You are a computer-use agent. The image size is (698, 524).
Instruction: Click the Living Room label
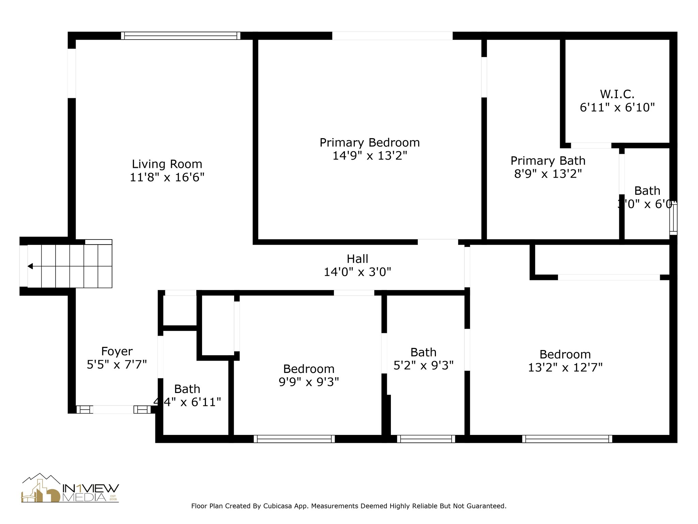[167, 164]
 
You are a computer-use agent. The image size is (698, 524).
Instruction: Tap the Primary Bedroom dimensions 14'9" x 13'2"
[370, 156]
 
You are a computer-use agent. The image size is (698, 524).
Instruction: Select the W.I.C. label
[617, 94]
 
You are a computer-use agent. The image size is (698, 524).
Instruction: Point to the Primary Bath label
[548, 161]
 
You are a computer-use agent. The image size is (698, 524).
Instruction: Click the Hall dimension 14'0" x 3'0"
[357, 272]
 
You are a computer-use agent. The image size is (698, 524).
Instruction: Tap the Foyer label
[117, 351]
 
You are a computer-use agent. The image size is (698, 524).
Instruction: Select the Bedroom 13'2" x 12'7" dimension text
[565, 368]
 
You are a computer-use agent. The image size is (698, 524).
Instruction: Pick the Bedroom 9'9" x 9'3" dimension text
[309, 382]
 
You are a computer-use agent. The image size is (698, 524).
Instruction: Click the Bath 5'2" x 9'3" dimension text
[423, 366]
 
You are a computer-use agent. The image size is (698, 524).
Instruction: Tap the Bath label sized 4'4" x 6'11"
[187, 389]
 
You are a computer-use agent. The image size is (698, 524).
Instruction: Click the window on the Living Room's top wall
[181, 36]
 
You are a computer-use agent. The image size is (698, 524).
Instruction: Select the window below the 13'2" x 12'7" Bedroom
[567, 439]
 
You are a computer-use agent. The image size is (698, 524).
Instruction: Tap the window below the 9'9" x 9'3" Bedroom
[294, 439]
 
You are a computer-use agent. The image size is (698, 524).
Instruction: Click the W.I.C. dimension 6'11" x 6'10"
[617, 108]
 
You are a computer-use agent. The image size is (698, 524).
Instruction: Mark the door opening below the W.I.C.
[591, 146]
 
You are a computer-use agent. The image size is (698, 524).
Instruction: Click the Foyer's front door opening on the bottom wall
[113, 410]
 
